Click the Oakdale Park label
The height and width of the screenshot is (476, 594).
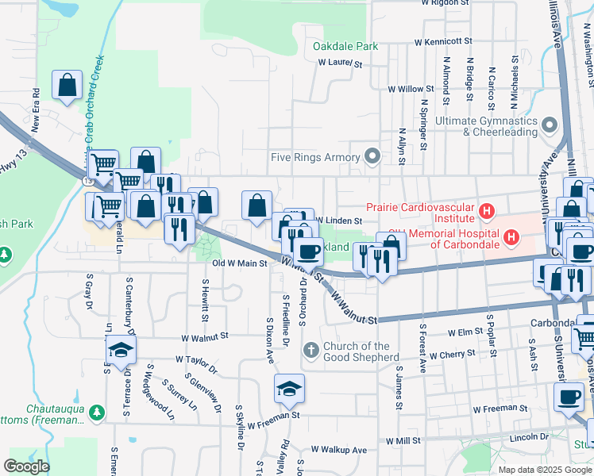coord(345,46)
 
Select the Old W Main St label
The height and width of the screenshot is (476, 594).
coord(239,263)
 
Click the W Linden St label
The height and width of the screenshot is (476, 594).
coord(339,220)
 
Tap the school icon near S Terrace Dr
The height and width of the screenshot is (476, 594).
coord(121,351)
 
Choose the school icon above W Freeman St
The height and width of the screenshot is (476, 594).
coord(289,389)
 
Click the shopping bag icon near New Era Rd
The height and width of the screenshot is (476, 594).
coord(67,85)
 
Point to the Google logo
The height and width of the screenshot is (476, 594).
coord(26,466)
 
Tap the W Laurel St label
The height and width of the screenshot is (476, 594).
coord(340,63)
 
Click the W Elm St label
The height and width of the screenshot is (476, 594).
coord(466,333)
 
